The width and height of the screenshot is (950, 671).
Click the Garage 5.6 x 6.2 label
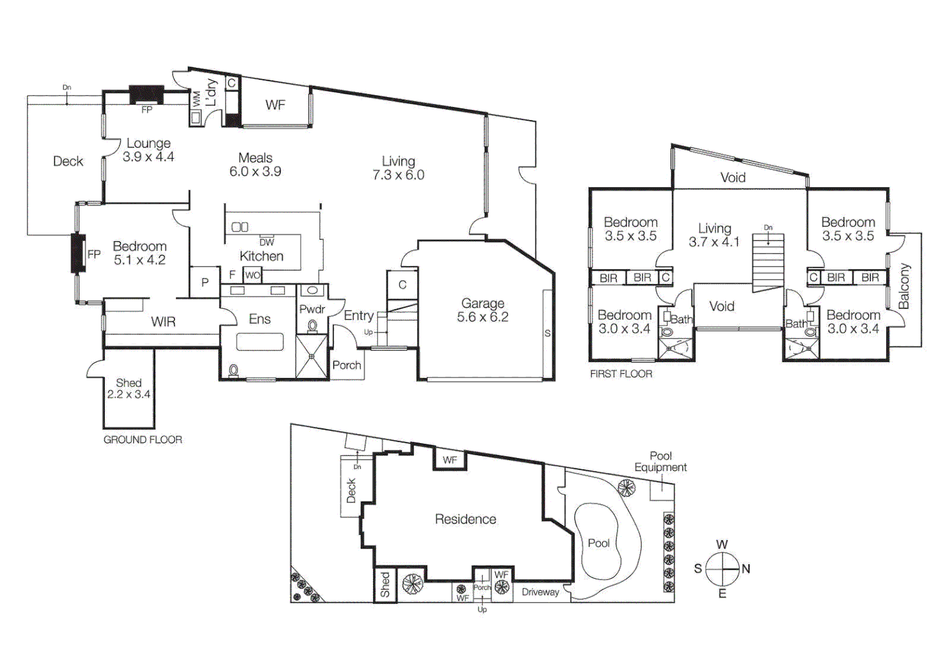[x=483, y=310]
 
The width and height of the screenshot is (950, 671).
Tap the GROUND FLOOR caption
[x=142, y=440]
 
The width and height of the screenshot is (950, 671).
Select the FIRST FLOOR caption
[x=621, y=374]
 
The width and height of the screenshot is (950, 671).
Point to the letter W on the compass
[x=721, y=545]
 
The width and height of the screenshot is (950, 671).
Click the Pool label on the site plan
[x=598, y=543]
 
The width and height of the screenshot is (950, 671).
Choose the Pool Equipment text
[x=660, y=462]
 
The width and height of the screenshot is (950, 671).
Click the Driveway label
[x=540, y=592]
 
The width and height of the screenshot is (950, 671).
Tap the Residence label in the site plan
[x=465, y=519]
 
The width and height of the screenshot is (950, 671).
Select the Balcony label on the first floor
[x=904, y=286]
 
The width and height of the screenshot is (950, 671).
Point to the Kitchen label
[x=261, y=256]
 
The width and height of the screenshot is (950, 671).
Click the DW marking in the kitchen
[x=267, y=242]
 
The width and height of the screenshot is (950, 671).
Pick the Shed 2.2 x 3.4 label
[x=129, y=388]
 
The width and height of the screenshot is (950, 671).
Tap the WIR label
[x=163, y=322]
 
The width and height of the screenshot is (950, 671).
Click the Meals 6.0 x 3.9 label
[x=255, y=165]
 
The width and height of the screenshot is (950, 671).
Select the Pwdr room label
[x=312, y=309]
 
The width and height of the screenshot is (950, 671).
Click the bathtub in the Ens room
[x=260, y=342]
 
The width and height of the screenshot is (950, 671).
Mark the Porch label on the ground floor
[x=347, y=365]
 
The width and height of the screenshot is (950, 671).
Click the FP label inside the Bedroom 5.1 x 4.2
[x=94, y=254]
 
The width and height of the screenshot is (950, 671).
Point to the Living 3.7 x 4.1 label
[x=714, y=235]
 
